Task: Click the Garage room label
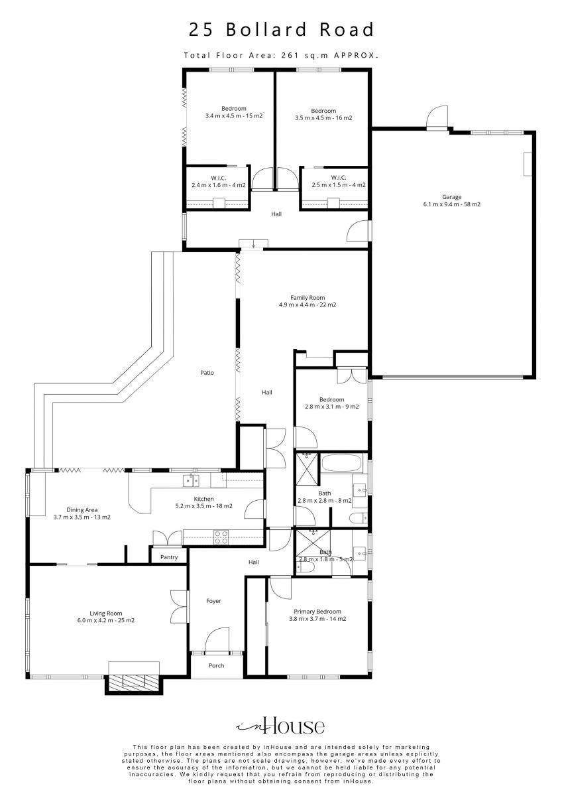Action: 451,197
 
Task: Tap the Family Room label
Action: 308,298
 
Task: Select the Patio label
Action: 207,372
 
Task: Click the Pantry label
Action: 169,557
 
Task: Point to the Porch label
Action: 216,665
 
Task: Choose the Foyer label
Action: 213,600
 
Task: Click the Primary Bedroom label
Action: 317,611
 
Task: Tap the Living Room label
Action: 106,613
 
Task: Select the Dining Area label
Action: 82,509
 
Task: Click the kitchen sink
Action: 191,480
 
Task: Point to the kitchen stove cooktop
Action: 221,537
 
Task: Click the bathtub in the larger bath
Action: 341,464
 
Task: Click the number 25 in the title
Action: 201,30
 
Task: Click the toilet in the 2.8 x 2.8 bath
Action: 359,519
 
